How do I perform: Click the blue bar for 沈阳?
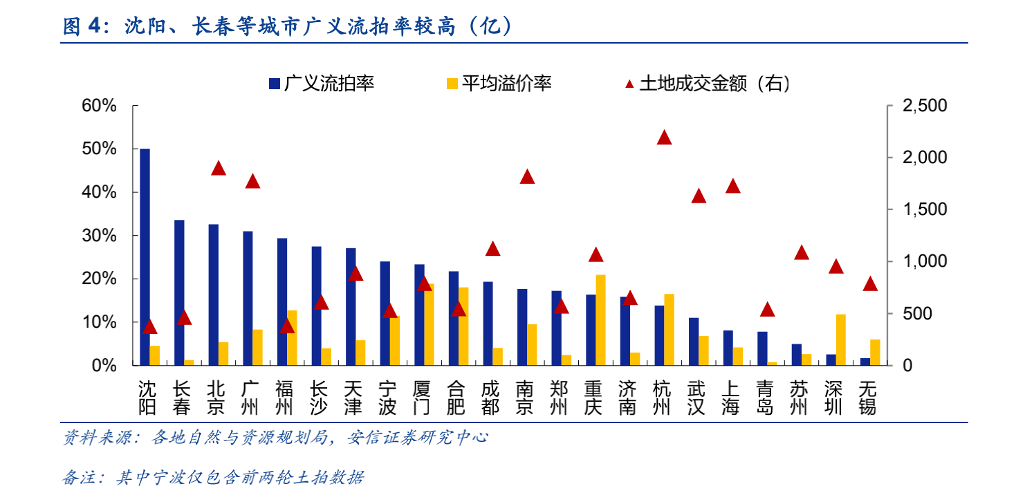click(145, 257)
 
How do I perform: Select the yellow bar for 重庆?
click(600, 320)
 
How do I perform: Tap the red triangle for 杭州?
click(664, 137)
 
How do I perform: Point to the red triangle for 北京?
click(219, 168)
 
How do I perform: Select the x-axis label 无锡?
click(867, 398)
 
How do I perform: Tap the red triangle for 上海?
click(733, 186)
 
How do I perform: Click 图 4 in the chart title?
click(82, 26)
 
